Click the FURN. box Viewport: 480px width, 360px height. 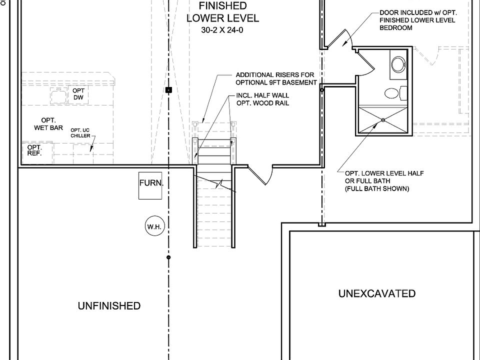pos(151,184)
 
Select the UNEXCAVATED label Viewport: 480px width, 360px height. pos(377,293)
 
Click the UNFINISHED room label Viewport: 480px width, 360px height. pos(109,305)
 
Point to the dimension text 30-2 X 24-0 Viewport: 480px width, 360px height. pos(223,30)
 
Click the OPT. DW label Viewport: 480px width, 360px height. pos(78,93)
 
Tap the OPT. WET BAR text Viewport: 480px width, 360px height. pos(48,124)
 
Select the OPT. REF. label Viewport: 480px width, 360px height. pos(34,150)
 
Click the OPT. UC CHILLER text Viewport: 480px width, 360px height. pos(80,132)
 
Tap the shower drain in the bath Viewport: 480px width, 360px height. pos(382,119)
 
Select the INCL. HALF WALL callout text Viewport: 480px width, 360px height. pos(262,99)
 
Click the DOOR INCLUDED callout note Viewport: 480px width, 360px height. pos(417,20)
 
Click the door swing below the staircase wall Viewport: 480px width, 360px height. pos(262,174)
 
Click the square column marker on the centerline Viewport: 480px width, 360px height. pos(168,89)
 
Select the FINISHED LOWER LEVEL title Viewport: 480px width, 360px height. pos(223,12)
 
